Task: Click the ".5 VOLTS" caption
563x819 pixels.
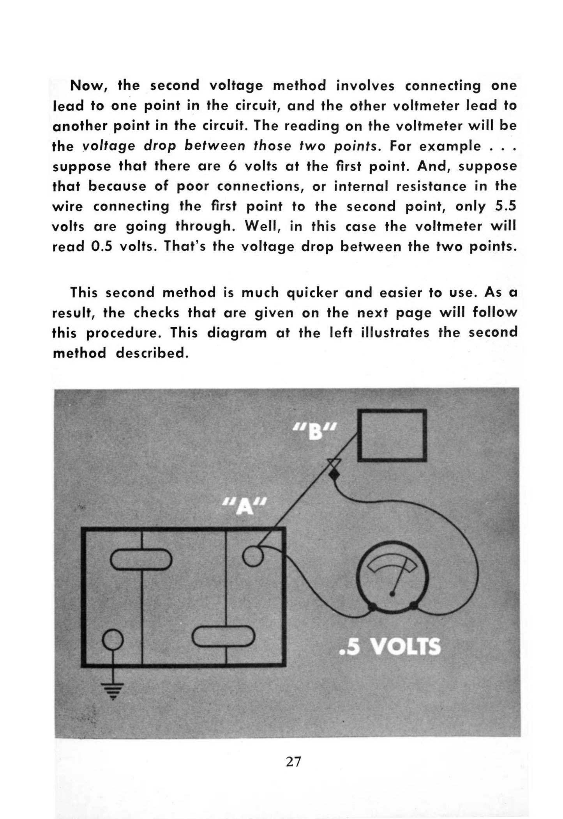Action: point(390,647)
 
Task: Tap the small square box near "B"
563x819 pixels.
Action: point(392,435)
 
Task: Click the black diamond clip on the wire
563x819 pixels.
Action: point(334,475)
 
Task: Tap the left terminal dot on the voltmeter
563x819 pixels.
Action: point(372,606)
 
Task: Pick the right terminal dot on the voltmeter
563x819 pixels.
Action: point(413,606)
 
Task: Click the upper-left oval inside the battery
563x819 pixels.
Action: point(141,559)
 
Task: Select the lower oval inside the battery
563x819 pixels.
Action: point(224,636)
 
